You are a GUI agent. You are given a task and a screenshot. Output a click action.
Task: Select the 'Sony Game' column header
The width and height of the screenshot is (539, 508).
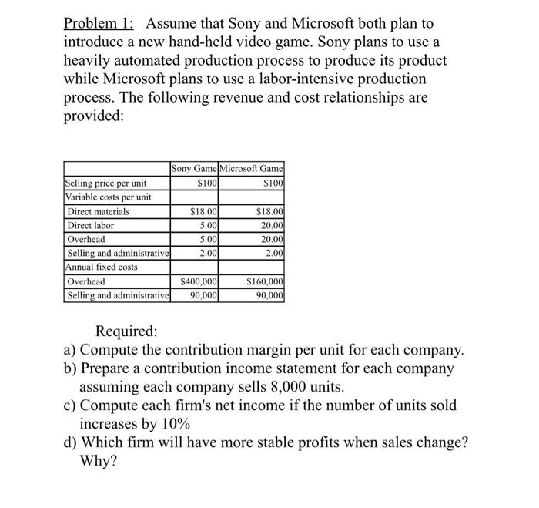click(x=194, y=169)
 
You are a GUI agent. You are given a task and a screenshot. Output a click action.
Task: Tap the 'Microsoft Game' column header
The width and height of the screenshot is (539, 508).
click(x=252, y=169)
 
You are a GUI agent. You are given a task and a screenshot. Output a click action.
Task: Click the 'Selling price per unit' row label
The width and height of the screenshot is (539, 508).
click(x=105, y=183)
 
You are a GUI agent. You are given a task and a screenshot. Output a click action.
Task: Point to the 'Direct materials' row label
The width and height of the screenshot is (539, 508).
click(x=99, y=211)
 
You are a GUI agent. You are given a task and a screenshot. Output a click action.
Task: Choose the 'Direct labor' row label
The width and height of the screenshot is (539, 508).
click(x=91, y=225)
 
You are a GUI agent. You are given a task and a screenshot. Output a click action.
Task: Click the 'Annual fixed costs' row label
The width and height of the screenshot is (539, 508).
click(x=101, y=267)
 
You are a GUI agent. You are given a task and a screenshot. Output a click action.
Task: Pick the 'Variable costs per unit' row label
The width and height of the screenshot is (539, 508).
click(x=108, y=197)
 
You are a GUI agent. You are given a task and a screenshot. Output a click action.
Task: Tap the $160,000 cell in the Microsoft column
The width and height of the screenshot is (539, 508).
click(x=264, y=281)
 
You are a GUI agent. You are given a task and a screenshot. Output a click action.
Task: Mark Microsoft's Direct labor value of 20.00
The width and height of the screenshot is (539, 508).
click(x=271, y=225)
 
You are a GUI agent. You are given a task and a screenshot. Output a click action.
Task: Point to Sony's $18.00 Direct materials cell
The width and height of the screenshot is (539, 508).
click(x=204, y=211)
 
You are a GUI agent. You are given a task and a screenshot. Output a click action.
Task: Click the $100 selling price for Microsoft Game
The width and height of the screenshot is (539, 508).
click(x=273, y=183)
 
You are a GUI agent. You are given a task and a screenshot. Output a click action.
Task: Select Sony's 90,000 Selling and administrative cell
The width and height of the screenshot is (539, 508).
click(x=204, y=295)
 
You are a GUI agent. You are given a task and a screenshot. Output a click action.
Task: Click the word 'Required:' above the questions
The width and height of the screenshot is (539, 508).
click(x=126, y=332)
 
